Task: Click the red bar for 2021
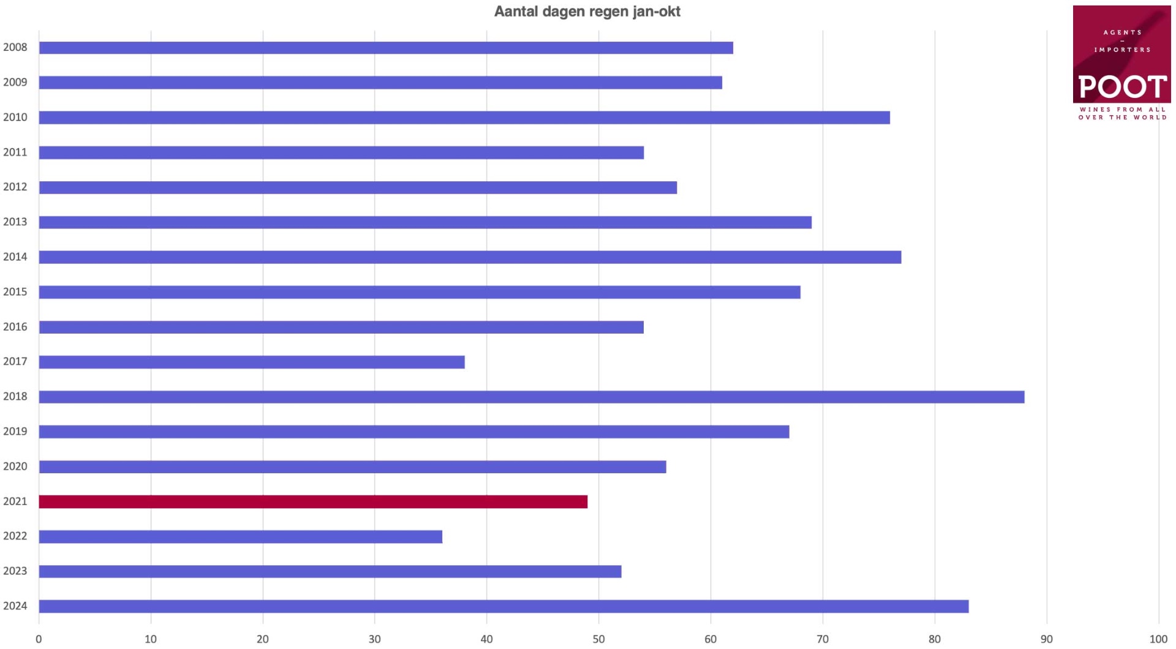coord(313,502)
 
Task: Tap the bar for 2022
coord(241,537)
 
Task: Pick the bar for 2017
coord(252,362)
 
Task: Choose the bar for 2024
coord(503,607)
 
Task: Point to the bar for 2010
coord(464,118)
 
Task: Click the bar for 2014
coord(470,257)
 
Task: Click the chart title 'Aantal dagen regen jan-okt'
coord(587,12)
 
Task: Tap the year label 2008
coord(15,48)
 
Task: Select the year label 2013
coord(15,222)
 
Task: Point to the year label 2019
coord(15,431)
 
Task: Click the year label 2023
coord(15,571)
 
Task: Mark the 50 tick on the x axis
coord(598,639)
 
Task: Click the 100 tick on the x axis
coord(1158,639)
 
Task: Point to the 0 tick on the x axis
coord(39,639)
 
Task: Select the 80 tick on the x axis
coord(935,639)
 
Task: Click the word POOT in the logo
coord(1122,87)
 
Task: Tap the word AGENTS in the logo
coord(1122,32)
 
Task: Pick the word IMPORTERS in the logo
coord(1122,50)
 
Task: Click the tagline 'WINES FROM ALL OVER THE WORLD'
coord(1122,113)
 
